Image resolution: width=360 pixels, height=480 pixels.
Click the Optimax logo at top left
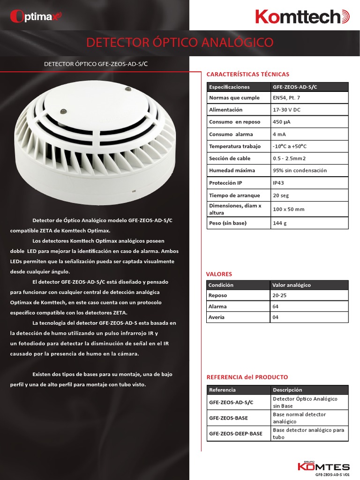[36, 17]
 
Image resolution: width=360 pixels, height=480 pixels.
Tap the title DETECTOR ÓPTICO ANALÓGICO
[180, 43]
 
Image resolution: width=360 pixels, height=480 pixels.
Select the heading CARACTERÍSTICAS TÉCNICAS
[248, 74]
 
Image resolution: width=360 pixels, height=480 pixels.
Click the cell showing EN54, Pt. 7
[286, 98]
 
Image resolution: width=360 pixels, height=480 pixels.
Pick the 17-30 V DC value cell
[287, 110]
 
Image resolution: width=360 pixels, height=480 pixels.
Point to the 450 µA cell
[282, 122]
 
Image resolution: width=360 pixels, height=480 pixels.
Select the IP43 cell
[278, 183]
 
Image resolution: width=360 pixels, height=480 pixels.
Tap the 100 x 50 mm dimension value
[288, 209]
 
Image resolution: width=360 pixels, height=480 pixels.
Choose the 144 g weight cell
[279, 223]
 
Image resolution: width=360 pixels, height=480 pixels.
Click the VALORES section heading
[219, 274]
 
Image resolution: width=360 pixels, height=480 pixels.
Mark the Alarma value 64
[275, 307]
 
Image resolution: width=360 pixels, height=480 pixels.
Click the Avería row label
[217, 317]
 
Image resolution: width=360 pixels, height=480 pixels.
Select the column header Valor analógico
[292, 285]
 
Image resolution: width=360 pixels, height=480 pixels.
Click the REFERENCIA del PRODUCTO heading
[247, 377]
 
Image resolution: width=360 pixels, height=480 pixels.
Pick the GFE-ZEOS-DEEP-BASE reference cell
[236, 434]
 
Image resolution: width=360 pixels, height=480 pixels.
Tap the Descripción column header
[287, 390]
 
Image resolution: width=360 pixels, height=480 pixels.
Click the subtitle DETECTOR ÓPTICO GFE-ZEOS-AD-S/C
[98, 64]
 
